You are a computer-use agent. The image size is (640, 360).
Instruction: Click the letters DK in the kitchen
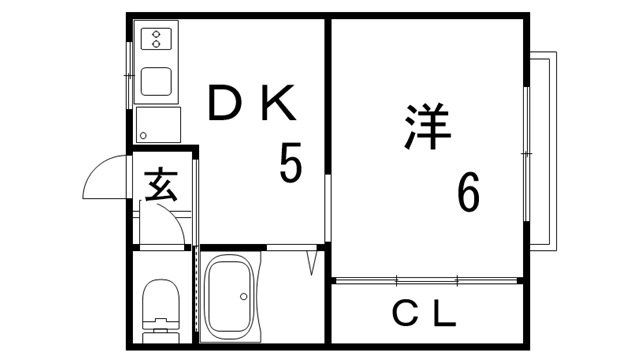pyautogui.click(x=252, y=103)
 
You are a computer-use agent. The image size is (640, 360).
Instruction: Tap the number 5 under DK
pyautogui.click(x=291, y=163)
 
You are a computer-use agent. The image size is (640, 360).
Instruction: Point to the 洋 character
pyautogui.click(x=428, y=125)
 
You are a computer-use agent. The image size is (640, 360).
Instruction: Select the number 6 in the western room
pyautogui.click(x=468, y=192)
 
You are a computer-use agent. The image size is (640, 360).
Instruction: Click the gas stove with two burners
pyautogui.click(x=157, y=39)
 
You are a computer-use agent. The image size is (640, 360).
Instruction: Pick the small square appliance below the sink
pyautogui.click(x=158, y=125)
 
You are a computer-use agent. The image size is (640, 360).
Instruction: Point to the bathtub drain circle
pyautogui.click(x=241, y=297)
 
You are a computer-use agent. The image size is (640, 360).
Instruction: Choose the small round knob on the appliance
pyautogui.click(x=143, y=134)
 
